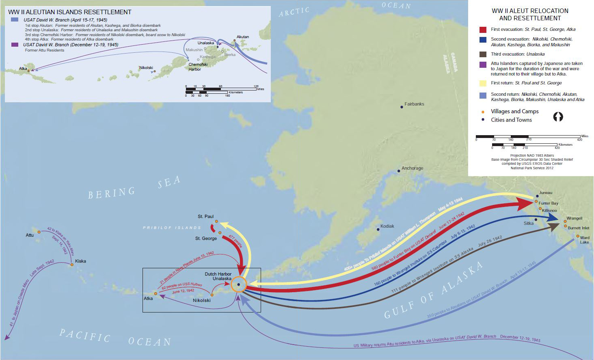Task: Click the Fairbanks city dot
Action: coord(402,107)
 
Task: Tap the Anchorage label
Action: coord(412,168)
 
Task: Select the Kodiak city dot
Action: coord(378,229)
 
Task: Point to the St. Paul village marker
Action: coord(216,222)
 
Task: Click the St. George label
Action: coord(206,238)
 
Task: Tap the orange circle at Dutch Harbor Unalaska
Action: coord(239,285)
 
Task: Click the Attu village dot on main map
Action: coord(39,232)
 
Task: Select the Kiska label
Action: coord(80,261)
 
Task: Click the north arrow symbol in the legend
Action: coord(558,117)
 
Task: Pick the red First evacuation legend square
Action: coord(483,30)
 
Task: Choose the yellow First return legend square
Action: coord(483,83)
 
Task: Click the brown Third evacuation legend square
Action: coord(483,54)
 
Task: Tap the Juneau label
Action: coord(546,193)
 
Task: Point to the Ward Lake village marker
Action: coord(578,236)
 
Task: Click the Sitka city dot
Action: coord(536,220)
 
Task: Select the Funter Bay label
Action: coord(548,203)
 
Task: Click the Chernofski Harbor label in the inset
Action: coord(198,67)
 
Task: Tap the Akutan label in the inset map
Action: coord(243,37)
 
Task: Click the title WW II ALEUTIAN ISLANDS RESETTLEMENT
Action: coord(70,12)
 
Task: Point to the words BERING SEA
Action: coord(134,188)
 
